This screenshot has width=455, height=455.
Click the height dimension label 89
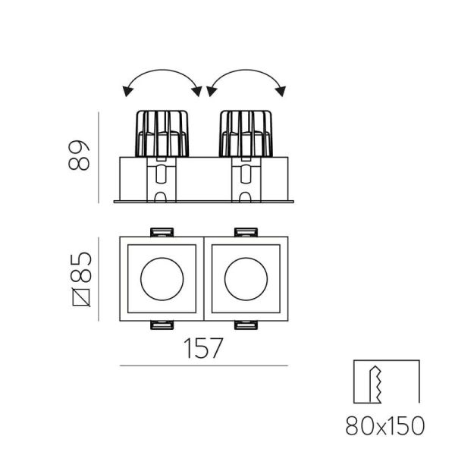(x=82, y=155)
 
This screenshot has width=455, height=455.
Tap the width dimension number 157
(x=203, y=348)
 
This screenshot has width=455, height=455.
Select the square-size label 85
(x=82, y=266)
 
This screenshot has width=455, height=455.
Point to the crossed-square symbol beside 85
(x=82, y=297)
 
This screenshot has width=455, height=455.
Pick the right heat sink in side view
(x=245, y=134)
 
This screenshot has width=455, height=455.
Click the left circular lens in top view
(x=162, y=278)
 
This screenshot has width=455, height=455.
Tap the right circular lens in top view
(x=244, y=278)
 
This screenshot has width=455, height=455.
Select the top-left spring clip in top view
(x=161, y=231)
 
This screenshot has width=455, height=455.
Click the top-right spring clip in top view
(x=245, y=231)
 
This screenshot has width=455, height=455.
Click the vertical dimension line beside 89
(x=99, y=158)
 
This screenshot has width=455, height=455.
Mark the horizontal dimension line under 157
(x=203, y=366)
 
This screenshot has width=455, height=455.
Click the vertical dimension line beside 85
(x=98, y=278)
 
